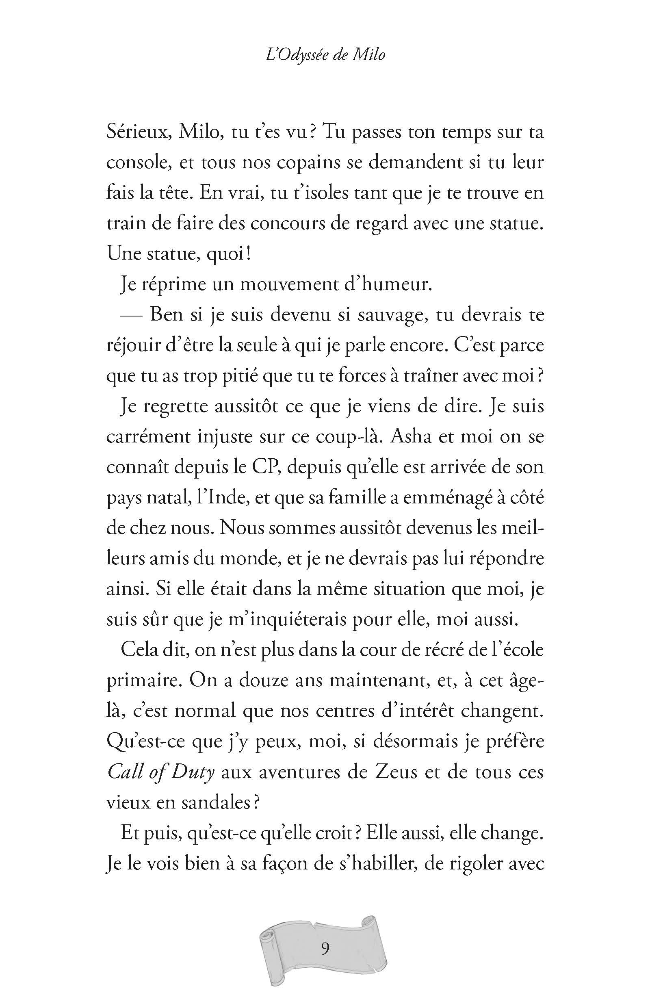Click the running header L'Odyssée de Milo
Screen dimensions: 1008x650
pos(325,55)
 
